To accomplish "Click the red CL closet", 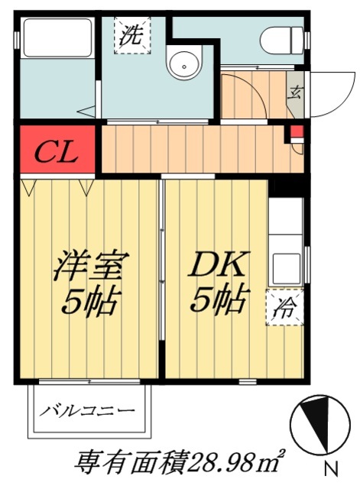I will tap(57, 148).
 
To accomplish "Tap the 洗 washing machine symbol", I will tap(132, 35).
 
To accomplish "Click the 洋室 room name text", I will tap(88, 267).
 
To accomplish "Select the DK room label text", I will tap(219, 267).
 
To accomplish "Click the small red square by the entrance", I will tap(295, 132).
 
